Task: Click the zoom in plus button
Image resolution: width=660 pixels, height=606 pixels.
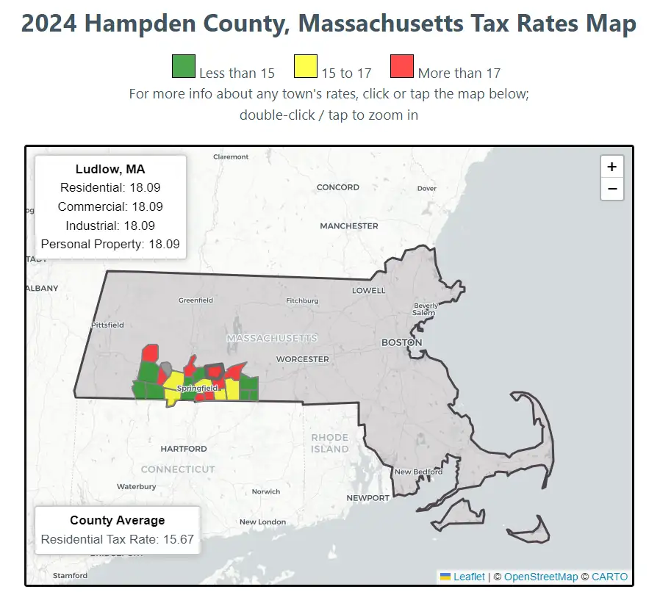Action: pos(611,167)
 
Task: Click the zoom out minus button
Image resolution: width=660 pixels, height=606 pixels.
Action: pos(611,189)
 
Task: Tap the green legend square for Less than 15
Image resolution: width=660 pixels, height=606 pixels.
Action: pos(183,67)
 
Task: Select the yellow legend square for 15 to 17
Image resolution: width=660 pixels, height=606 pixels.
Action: pos(305,67)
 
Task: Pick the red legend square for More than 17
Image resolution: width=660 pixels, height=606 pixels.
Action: pos(401,67)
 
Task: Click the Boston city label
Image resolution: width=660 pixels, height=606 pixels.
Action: pos(401,342)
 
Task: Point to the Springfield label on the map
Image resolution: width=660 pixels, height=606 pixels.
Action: pos(197,388)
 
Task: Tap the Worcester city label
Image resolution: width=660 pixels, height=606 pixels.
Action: pos(302,359)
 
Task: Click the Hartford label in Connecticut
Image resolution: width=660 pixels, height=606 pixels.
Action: pos(183,449)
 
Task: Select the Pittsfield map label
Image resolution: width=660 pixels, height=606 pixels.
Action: pos(107,325)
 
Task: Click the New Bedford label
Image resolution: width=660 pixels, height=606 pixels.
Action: pos(417,472)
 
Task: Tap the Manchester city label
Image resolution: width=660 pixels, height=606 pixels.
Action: pos(349,226)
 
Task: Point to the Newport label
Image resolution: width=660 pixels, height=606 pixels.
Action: pos(368,498)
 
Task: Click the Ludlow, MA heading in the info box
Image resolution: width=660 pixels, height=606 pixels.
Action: pos(110,170)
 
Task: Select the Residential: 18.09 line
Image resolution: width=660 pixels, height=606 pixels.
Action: pos(110,188)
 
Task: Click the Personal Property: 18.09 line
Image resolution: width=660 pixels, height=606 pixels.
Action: pos(110,245)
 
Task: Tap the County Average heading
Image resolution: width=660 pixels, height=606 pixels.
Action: pos(117,520)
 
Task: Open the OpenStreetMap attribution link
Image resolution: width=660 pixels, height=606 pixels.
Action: pos(541,577)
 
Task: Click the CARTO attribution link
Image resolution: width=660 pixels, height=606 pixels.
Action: pos(609,577)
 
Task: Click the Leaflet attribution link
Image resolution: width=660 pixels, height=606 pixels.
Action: pos(469,577)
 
